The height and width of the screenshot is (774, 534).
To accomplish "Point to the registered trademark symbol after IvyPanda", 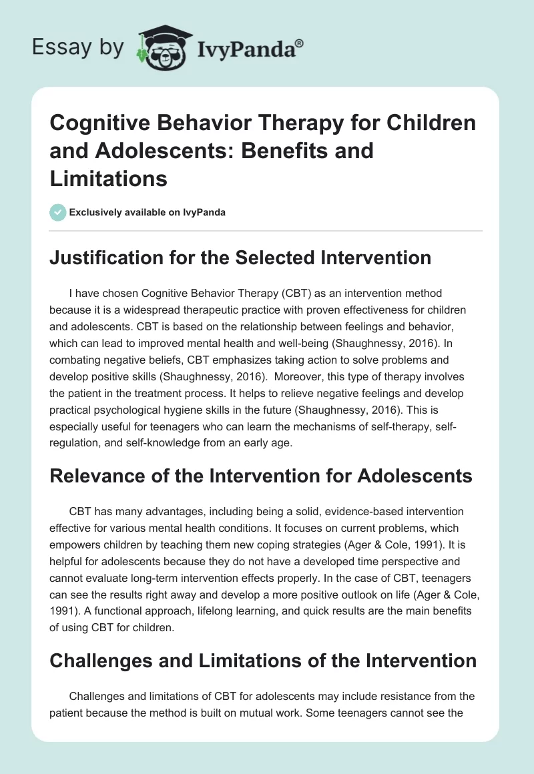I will [300, 42].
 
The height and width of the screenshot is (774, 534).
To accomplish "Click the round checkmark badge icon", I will [57, 212].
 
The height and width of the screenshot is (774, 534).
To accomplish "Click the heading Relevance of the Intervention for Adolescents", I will [261, 476].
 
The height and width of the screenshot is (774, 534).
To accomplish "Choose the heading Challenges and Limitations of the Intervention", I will [263, 661].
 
